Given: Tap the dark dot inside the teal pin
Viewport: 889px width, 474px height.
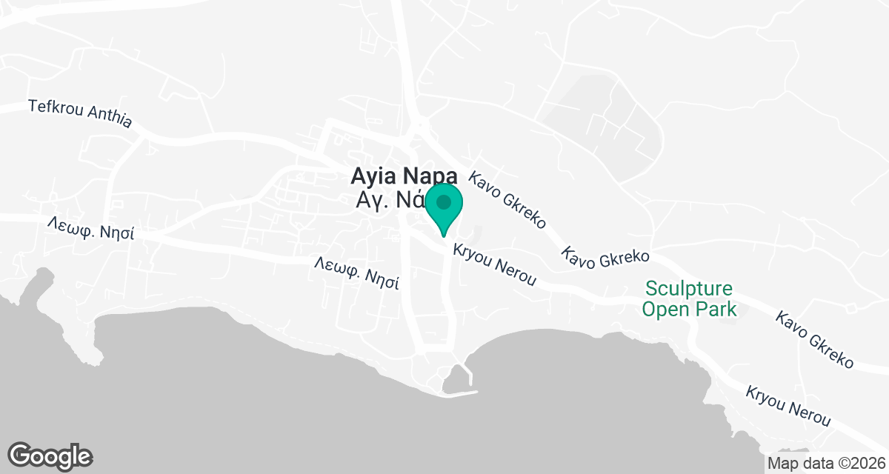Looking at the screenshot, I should click(x=444, y=201).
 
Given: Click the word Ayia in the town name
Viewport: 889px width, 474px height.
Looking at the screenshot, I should click(x=376, y=176).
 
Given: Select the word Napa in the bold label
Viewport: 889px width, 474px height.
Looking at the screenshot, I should click(x=431, y=176).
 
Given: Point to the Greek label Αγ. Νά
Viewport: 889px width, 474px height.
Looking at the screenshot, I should click(x=390, y=200).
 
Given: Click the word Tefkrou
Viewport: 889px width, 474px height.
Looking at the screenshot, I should click(x=56, y=107).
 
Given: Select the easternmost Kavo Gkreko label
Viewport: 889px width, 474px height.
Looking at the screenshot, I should click(x=815, y=340).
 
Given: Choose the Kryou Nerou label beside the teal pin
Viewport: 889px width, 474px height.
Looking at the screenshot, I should click(x=494, y=264).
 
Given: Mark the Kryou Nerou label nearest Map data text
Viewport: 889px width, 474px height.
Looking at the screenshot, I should click(x=789, y=406).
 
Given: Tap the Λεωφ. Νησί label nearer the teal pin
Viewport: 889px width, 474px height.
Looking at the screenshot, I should click(x=357, y=272).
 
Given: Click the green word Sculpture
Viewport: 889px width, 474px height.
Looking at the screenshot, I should click(x=688, y=289).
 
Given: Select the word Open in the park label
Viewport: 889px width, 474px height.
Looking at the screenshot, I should click(x=663, y=309).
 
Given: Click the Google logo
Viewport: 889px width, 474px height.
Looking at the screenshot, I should click(x=50, y=455).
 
